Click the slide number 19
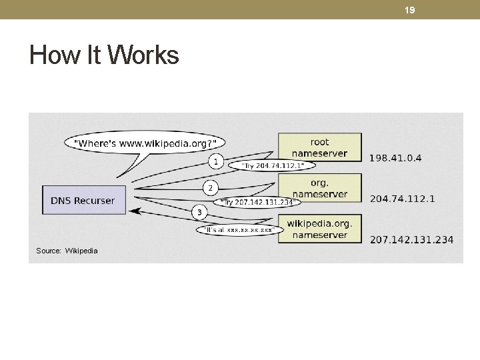(410, 10)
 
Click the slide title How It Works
(104, 55)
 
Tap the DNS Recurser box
(83, 200)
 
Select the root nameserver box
(319, 147)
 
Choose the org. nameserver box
(319, 188)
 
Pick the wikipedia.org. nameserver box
(319, 229)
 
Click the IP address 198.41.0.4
(395, 158)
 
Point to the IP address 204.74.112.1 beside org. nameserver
(402, 199)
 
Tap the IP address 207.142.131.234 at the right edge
(411, 239)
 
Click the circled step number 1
(215, 161)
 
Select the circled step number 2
(210, 188)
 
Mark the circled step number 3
(199, 212)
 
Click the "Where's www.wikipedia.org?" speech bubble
(145, 143)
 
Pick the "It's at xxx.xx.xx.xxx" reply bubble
(239, 230)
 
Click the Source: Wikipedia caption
(67, 251)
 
